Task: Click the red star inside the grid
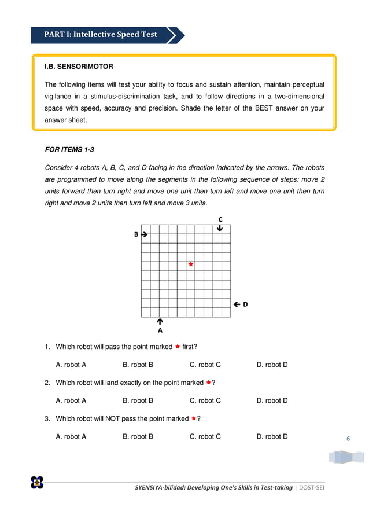tap(190, 264)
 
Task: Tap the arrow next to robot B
tap(144, 234)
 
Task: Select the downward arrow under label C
tap(220, 229)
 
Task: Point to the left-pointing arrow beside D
tap(237, 304)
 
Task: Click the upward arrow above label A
tap(160, 321)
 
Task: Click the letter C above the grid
tap(220, 219)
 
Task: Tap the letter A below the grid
tap(160, 330)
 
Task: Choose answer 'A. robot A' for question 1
tap(71, 365)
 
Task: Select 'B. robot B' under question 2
tap(138, 400)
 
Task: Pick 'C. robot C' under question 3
tap(205, 436)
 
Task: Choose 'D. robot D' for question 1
tap(272, 365)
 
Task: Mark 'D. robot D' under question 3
tap(272, 436)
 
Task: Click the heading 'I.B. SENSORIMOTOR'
tap(79, 67)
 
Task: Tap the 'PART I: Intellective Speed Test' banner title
tap(101, 35)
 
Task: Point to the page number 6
tap(348, 439)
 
